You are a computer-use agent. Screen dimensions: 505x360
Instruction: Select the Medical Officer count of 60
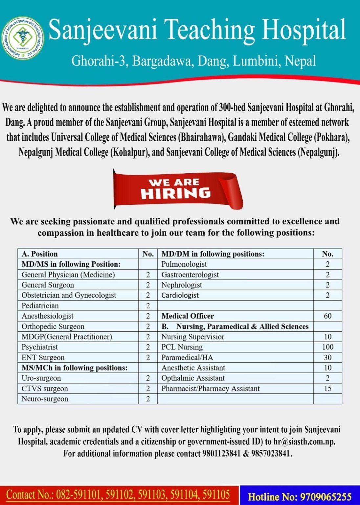click(327, 316)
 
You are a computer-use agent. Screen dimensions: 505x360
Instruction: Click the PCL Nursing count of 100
click(327, 347)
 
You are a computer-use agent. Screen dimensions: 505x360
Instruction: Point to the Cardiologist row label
click(180, 295)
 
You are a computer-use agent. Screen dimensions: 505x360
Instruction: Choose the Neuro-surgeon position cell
click(45, 399)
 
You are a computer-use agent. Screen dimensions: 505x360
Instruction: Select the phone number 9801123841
click(221, 453)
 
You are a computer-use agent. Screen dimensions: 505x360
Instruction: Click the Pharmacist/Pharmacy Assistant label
click(210, 389)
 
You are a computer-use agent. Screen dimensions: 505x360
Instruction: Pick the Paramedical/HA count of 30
click(327, 357)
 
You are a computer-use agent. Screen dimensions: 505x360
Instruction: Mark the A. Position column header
click(39, 254)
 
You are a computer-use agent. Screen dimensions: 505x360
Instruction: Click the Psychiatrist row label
click(40, 347)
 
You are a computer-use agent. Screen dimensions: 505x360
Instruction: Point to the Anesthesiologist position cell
click(48, 316)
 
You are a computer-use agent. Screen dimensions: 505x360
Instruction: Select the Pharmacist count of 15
click(327, 389)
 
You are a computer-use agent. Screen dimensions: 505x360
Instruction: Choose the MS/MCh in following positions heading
click(75, 368)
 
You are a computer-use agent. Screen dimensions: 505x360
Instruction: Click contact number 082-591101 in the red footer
click(79, 495)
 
